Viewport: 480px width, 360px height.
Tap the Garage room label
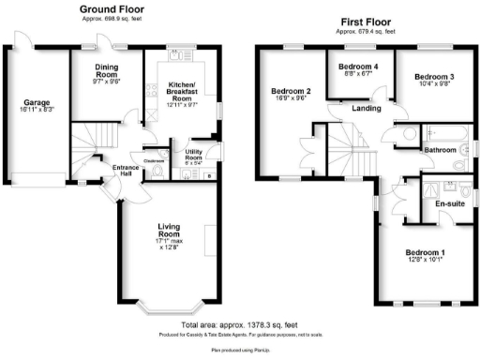(x=37, y=104)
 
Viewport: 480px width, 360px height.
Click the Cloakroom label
(x=155, y=160)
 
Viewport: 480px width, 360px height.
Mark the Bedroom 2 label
(x=291, y=92)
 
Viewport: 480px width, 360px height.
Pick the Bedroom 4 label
(x=358, y=67)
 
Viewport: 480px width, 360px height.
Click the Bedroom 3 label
(x=434, y=77)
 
